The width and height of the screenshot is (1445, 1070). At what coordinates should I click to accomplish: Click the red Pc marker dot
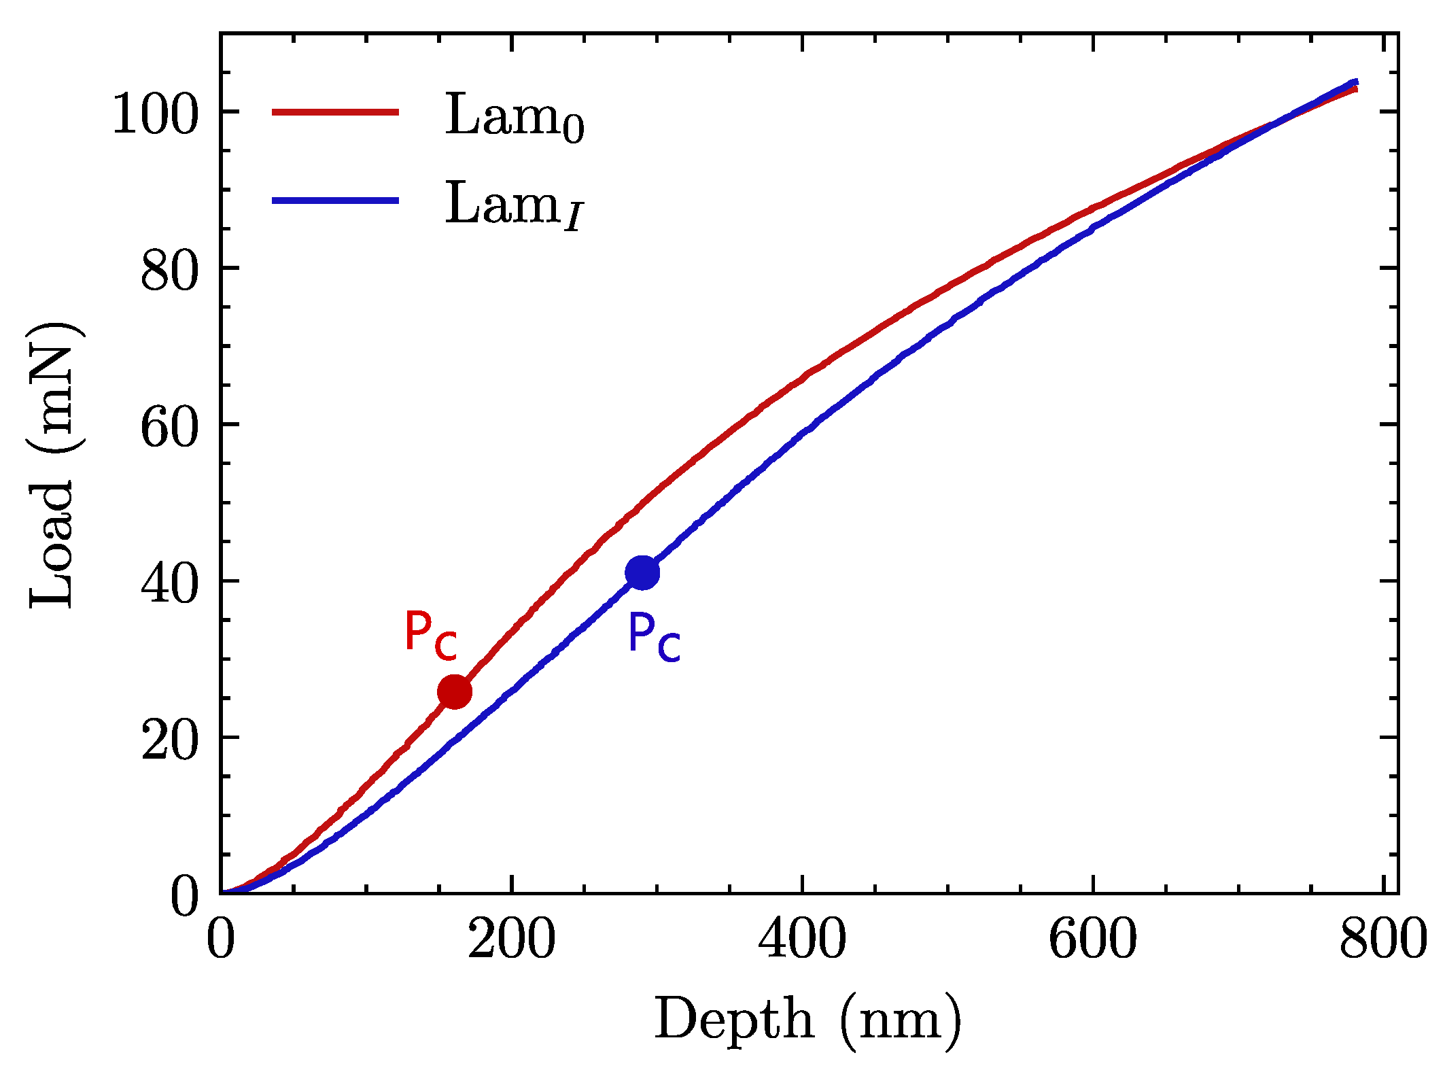click(455, 692)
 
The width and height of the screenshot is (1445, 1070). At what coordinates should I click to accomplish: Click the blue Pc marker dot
click(642, 572)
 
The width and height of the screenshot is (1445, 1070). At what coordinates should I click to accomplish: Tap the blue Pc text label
click(653, 637)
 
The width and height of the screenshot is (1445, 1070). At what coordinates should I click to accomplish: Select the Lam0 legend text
click(514, 117)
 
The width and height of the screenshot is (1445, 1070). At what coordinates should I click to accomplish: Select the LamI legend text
click(514, 205)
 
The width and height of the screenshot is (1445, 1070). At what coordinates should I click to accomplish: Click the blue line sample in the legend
click(335, 200)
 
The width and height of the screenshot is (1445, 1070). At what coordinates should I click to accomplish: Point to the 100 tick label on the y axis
click(155, 114)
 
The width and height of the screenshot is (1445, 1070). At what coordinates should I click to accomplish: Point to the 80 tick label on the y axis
click(169, 271)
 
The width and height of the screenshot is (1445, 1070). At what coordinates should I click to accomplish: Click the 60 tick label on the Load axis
click(169, 428)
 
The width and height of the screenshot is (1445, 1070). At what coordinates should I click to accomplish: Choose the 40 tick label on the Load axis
click(169, 584)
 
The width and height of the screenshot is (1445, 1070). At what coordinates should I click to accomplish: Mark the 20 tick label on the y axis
click(169, 740)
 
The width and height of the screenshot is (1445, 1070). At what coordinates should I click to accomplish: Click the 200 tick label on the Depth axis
click(511, 939)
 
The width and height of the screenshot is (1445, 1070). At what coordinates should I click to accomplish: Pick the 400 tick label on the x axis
click(802, 939)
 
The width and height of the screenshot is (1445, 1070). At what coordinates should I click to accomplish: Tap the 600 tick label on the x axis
click(1092, 939)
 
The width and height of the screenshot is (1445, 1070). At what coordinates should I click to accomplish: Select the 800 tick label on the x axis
click(1382, 939)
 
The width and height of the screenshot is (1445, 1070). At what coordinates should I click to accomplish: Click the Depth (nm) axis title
click(807, 1020)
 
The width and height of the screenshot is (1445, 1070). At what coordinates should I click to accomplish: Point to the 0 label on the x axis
click(221, 939)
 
